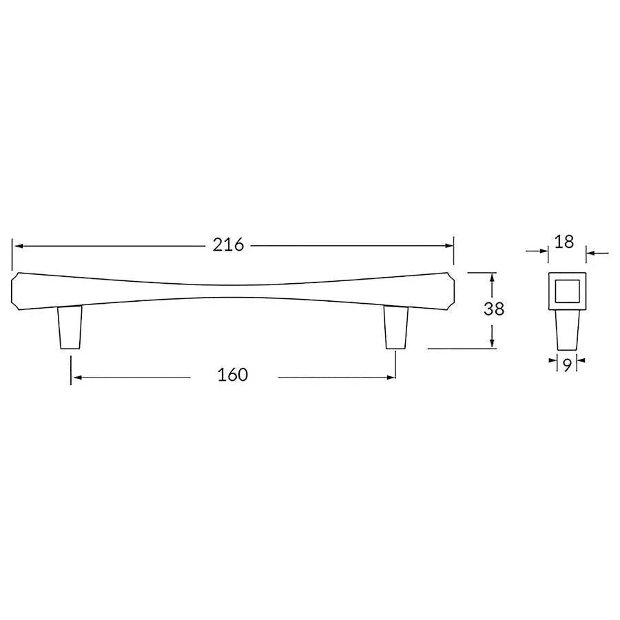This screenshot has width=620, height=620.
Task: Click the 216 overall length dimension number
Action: click(229, 245)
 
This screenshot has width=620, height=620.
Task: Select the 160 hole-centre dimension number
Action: click(232, 375)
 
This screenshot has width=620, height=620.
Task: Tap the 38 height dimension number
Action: click(493, 309)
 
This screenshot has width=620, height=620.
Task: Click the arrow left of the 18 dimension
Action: click(544, 253)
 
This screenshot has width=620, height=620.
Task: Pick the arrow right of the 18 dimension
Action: click(591, 253)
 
